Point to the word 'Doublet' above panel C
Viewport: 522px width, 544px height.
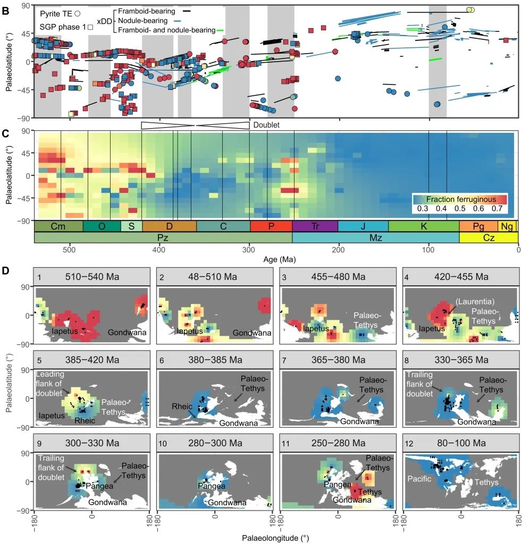pyautogui.click(x=266, y=125)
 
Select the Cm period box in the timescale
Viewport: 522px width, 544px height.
pyautogui.click(x=58, y=226)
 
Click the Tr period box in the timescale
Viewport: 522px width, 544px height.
pyautogui.click(x=315, y=226)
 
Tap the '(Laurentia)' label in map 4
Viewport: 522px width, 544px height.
pyautogui.click(x=472, y=300)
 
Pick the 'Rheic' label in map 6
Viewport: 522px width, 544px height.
pyautogui.click(x=181, y=406)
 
